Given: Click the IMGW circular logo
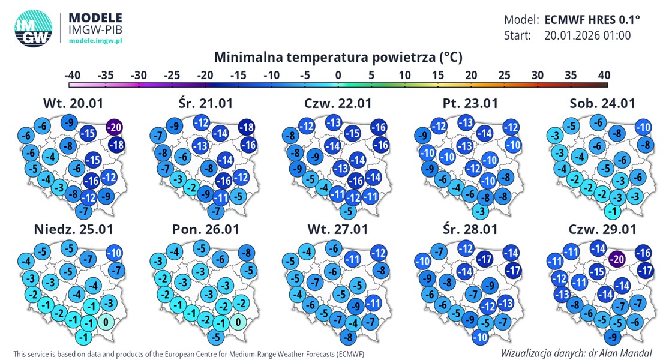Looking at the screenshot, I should [x=34, y=28].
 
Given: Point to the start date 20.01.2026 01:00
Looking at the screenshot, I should [x=587, y=35].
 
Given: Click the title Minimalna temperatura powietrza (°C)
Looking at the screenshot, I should [x=338, y=58].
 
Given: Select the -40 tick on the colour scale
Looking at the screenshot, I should [x=73, y=76].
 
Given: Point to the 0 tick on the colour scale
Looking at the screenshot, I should [x=338, y=76].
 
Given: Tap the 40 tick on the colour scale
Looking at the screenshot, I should [x=604, y=76].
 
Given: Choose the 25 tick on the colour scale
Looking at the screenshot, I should [x=504, y=76].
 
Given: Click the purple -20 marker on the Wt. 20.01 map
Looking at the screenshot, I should [x=115, y=127].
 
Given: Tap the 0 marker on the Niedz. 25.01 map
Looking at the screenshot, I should [x=106, y=322].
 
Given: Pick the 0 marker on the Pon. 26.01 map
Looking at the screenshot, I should [x=239, y=322].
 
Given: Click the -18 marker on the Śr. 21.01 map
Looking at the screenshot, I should [x=246, y=127].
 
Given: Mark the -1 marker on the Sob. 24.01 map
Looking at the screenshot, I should [x=612, y=211].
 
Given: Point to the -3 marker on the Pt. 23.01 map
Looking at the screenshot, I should [x=479, y=211].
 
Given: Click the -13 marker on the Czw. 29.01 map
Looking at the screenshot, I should [x=562, y=294].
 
